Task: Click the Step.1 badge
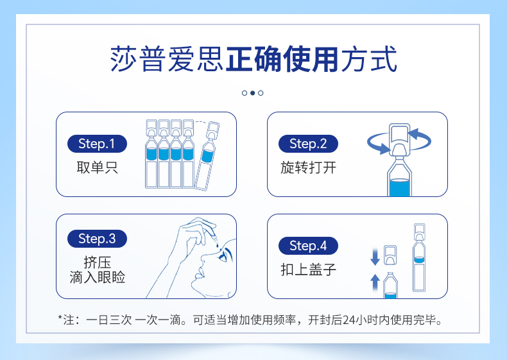click(x=97, y=144)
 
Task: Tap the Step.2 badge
click(x=308, y=144)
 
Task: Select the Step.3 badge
click(x=97, y=239)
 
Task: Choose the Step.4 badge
click(x=308, y=246)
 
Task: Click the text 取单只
click(x=97, y=167)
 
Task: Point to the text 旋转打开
click(x=308, y=167)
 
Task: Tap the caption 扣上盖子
click(x=308, y=270)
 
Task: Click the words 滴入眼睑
click(x=98, y=277)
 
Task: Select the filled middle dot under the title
click(x=252, y=93)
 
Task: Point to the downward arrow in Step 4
click(x=375, y=257)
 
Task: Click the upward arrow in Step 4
click(x=375, y=282)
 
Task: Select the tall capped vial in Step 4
click(x=419, y=257)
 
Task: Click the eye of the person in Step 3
click(x=224, y=255)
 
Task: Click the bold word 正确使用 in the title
click(x=282, y=59)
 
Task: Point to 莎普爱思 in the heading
click(x=167, y=59)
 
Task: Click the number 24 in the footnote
click(x=349, y=320)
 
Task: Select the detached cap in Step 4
click(x=390, y=255)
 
